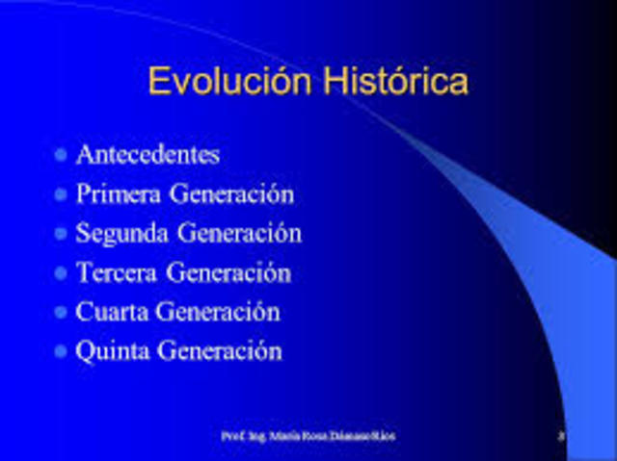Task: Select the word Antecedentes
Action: tap(148, 154)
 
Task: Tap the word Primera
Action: tap(119, 193)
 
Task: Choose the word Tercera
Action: tap(117, 272)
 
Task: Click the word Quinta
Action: tap(113, 351)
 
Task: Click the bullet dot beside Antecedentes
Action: tap(62, 154)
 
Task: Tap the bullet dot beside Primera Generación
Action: tap(62, 193)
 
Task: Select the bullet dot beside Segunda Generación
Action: tap(62, 233)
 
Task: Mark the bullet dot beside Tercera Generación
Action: tap(62, 272)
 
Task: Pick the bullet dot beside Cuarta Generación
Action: tap(62, 312)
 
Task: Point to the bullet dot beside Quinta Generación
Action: tap(62, 351)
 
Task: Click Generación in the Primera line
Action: tap(231, 193)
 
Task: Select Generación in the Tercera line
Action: tap(228, 272)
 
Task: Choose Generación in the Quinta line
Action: tap(220, 351)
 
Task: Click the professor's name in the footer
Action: tap(308, 436)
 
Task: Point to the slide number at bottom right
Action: tap(560, 436)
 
